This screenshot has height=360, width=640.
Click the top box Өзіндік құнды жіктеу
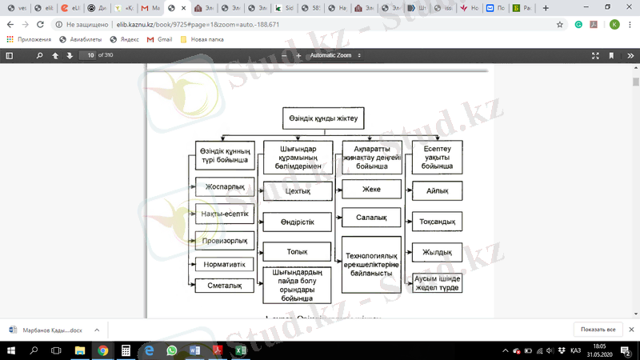(323, 118)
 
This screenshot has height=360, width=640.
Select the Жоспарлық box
(225, 187)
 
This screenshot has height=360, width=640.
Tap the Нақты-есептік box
(225, 214)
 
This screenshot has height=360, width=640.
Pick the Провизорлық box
(225, 239)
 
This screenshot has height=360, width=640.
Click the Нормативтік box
(225, 264)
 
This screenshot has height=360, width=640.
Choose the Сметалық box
(225, 285)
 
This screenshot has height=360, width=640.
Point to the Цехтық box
(297, 192)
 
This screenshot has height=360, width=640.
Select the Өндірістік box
(297, 222)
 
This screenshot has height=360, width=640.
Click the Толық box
(297, 251)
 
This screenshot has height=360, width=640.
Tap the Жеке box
(371, 190)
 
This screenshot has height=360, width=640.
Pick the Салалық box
(371, 218)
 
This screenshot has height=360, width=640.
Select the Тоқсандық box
(437, 222)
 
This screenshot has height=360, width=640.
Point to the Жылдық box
(437, 253)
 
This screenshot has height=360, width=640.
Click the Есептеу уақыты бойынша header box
(437, 157)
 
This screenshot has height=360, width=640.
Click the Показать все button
(598, 330)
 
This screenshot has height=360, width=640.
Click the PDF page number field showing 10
(90, 55)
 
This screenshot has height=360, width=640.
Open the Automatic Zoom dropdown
(336, 55)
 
